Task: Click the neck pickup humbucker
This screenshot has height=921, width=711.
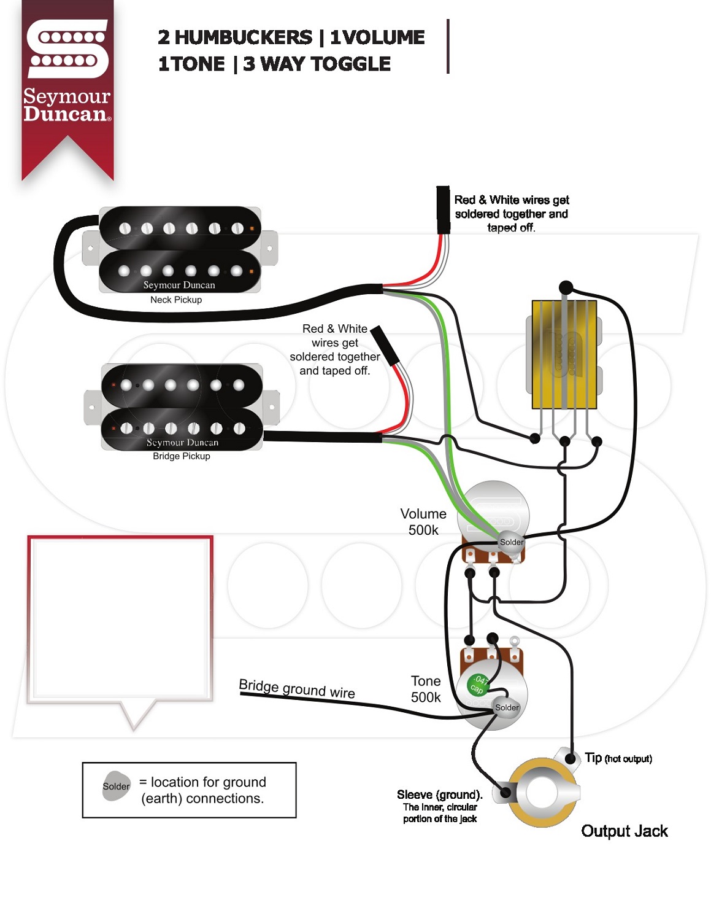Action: pos(180,250)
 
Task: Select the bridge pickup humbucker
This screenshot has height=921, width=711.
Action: pos(182,406)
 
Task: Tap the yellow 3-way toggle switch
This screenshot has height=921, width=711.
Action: pos(564,354)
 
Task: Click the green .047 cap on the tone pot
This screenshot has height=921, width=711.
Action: pos(478,684)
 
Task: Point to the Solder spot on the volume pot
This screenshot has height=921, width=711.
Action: pos(511,542)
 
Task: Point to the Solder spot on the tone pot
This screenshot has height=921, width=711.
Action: pos(507,707)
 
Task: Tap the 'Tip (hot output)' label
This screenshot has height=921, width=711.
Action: pos(618,758)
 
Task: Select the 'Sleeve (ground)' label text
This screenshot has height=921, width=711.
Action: pos(439,795)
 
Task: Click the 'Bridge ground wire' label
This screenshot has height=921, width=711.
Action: pos(297,688)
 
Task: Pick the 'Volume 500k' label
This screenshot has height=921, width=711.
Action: pos(423,522)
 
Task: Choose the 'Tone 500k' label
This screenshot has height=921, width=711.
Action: pos(426,689)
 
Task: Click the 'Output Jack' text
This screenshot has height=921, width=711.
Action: pos(624,831)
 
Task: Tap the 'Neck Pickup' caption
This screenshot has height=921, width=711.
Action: pos(176,300)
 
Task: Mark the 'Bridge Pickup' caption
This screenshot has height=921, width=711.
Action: pos(182,456)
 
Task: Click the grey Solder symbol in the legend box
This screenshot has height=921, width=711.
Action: pos(116,786)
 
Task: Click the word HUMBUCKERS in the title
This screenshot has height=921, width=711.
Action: pos(244,37)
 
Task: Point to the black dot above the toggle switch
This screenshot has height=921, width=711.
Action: pos(566,287)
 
